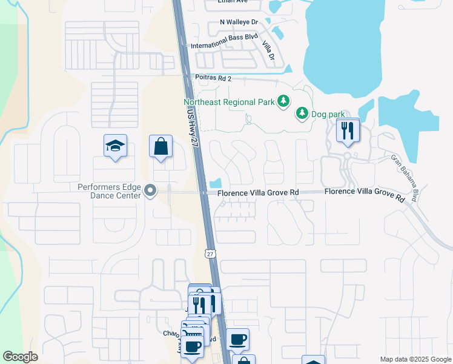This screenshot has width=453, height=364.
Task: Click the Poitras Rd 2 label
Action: [x=213, y=78]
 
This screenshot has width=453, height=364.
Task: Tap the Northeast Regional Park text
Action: [x=228, y=102]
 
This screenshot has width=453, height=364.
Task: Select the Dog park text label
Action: [x=328, y=113]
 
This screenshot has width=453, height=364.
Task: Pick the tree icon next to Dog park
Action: [x=302, y=113]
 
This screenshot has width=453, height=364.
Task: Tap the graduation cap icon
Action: [x=115, y=146]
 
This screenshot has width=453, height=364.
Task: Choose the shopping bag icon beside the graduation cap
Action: [x=160, y=146]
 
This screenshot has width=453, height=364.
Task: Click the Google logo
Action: [x=21, y=357]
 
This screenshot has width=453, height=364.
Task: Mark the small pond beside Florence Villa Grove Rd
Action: [x=214, y=182]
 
